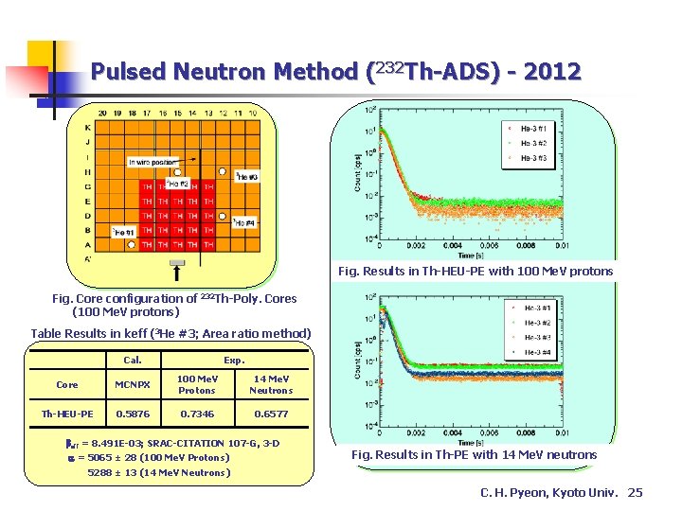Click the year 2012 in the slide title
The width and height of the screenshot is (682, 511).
[x=548, y=71]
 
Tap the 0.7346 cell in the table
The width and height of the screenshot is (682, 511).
[x=197, y=414]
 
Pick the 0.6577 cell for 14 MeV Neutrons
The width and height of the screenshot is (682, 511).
[x=271, y=414]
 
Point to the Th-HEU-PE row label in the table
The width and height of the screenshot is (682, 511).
[x=67, y=414]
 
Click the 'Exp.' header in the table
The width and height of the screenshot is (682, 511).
[x=234, y=360]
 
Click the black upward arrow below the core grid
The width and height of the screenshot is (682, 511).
[x=177, y=272]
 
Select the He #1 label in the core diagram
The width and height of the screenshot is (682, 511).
[x=123, y=232]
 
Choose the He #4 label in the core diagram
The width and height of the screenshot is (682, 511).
[x=244, y=223]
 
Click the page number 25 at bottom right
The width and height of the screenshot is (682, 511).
[x=635, y=493]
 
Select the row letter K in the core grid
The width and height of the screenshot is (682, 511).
[x=88, y=128]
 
